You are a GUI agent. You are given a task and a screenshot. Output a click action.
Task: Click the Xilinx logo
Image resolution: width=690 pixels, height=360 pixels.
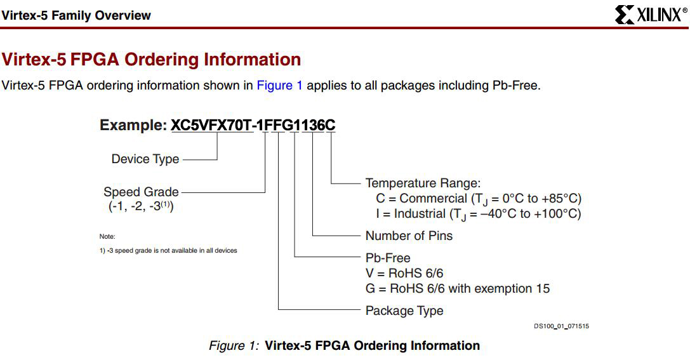(651, 15)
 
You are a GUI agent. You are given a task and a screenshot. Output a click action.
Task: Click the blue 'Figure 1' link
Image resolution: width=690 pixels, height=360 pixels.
(279, 85)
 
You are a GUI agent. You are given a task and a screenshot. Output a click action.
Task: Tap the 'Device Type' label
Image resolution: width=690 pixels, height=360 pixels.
(145, 159)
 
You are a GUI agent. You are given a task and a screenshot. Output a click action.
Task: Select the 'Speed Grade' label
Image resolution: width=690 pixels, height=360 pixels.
(141, 192)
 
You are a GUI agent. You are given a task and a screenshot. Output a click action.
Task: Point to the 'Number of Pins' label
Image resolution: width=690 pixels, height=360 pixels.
(409, 236)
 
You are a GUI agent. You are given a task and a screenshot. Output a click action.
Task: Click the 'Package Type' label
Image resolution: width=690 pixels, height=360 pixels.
(404, 310)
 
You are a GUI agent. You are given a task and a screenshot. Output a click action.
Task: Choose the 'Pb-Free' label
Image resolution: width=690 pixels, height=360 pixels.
(388, 258)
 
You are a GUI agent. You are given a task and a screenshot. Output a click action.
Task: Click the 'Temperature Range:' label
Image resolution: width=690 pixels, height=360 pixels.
(423, 183)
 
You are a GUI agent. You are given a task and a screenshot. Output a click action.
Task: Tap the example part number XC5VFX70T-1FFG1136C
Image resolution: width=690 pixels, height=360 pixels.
(253, 125)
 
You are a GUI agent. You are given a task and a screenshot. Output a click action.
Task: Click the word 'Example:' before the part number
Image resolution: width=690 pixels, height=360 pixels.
(133, 125)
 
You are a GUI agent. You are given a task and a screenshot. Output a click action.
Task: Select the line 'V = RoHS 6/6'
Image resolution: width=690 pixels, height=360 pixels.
(404, 273)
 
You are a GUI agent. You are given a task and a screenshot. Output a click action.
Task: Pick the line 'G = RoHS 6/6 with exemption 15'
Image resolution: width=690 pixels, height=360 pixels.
(458, 289)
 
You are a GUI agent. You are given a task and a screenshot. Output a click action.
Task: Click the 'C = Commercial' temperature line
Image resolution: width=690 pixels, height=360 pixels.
(479, 199)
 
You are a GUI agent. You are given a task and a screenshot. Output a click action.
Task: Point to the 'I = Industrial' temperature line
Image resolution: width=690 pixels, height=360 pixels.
(479, 215)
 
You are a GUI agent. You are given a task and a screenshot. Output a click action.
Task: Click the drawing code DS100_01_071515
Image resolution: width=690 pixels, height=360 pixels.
(562, 326)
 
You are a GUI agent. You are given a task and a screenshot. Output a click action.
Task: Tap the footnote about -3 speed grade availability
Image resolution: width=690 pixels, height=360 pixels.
(168, 250)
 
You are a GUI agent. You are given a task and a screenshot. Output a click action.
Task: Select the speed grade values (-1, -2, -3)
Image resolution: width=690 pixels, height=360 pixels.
(141, 206)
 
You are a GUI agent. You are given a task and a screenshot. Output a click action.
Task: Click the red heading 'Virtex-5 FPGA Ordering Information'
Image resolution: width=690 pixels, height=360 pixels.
(151, 60)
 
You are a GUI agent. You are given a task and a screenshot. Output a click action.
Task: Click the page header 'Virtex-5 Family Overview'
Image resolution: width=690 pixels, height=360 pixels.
(76, 15)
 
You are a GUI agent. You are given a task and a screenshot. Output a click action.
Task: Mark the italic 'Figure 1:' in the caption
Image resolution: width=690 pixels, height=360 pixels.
(234, 346)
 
